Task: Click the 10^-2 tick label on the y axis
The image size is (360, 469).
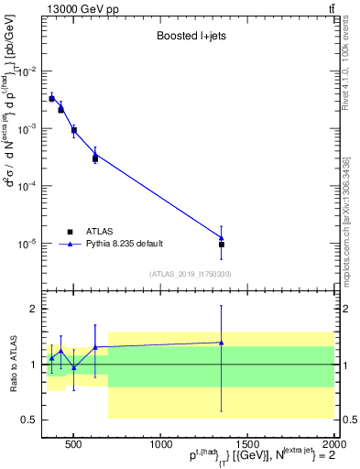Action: (29, 71)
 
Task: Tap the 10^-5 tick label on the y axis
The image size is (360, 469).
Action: (29, 245)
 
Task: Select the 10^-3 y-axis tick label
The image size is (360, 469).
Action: (29, 129)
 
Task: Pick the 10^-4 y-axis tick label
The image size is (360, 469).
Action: (29, 187)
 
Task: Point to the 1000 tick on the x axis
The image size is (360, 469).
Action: (159, 444)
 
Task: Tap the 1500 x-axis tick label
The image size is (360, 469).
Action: (246, 444)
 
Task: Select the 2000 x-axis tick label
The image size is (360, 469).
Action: (332, 444)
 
